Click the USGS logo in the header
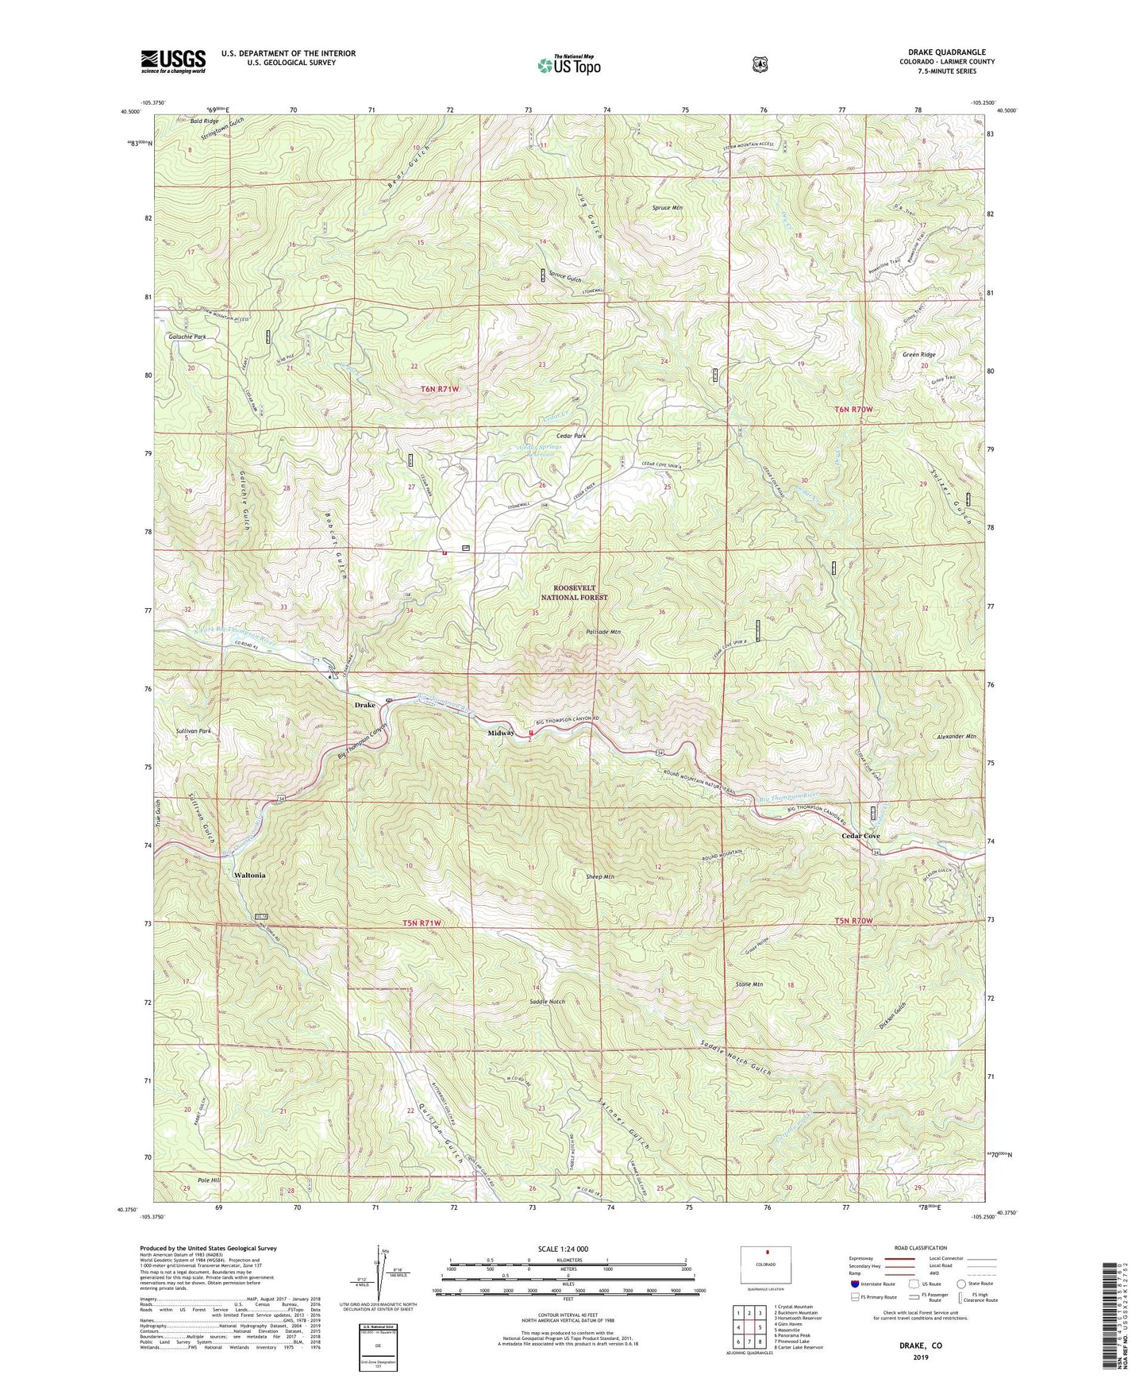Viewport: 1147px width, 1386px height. point(173,61)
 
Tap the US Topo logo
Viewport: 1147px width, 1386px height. point(568,66)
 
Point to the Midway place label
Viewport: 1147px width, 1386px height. point(501,733)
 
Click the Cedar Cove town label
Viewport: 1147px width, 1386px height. point(860,836)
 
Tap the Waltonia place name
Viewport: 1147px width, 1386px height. point(249,875)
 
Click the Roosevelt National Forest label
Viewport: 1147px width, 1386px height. point(575,592)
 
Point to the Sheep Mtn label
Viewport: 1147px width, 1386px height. point(599,876)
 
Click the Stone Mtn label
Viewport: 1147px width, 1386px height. point(749,984)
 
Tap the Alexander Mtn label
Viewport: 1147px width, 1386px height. point(956,737)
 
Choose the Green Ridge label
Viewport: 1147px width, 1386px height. point(918,355)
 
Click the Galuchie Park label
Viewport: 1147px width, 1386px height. point(187,337)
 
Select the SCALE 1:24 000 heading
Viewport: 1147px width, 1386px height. point(563,1249)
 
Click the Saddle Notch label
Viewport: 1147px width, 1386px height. point(547,1002)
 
